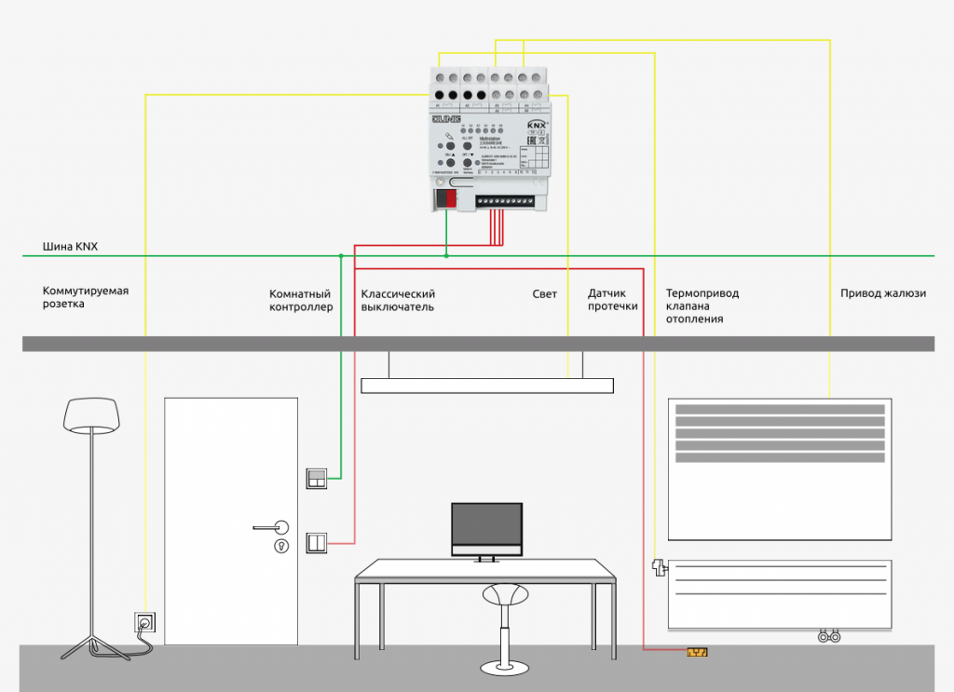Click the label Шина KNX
[70, 247]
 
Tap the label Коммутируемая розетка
[86, 297]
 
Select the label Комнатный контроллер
[301, 300]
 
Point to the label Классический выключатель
[398, 300]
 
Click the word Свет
[544, 294]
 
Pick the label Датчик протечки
[612, 299]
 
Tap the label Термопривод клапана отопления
[702, 305]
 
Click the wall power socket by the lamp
[146, 621]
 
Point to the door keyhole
[280, 547]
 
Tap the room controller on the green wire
[317, 479]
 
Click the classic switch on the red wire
[317, 542]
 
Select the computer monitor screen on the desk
[486, 529]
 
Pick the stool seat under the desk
[503, 592]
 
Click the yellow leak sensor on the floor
[698, 652]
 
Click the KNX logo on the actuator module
[538, 124]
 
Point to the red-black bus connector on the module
[448, 197]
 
